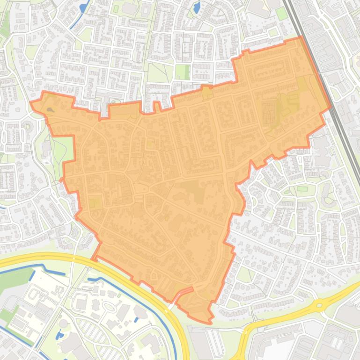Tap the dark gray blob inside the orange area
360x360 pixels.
51,110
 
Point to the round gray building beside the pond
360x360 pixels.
64,324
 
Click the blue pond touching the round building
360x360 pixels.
59,335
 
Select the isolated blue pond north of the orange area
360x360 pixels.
197,7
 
